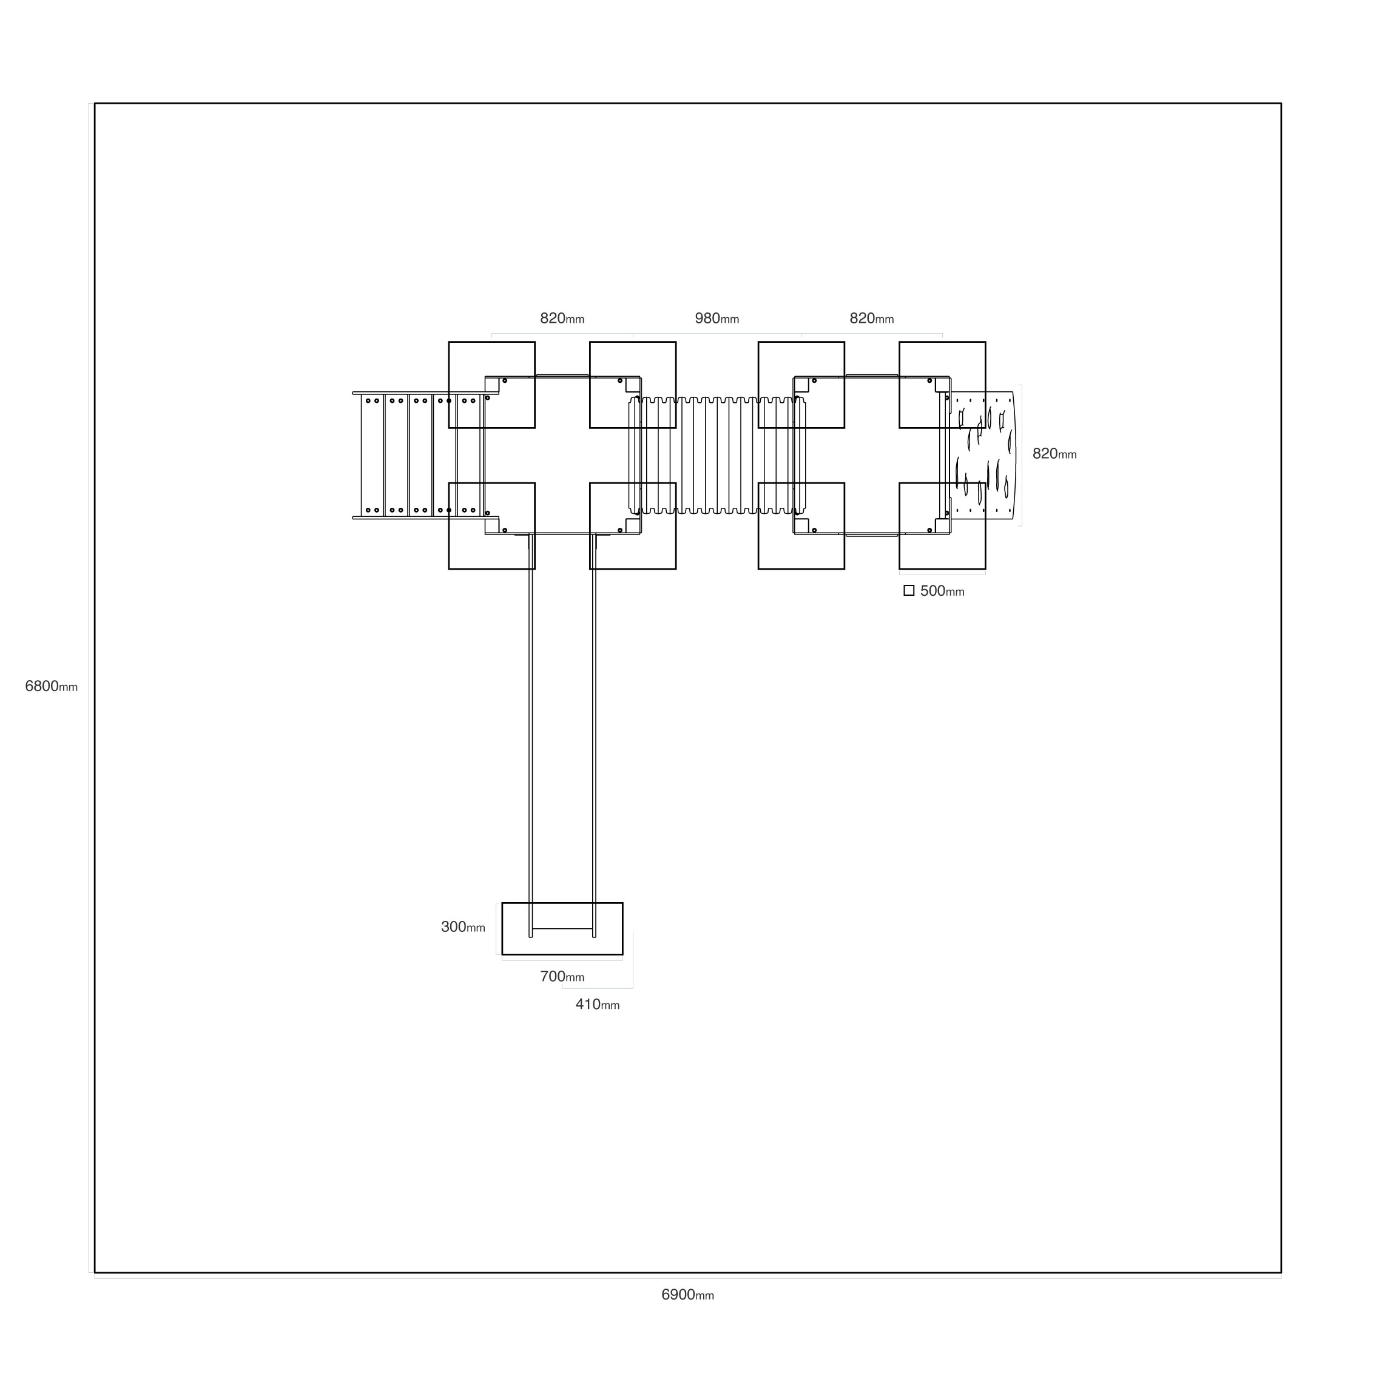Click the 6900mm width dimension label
tap(687, 1295)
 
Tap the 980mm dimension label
tap(717, 319)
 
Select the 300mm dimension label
tap(463, 927)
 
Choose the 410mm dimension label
tap(598, 1005)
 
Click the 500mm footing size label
tap(942, 591)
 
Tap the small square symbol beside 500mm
tap(909, 590)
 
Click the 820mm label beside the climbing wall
tap(1054, 454)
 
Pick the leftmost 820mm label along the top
tap(562, 319)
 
